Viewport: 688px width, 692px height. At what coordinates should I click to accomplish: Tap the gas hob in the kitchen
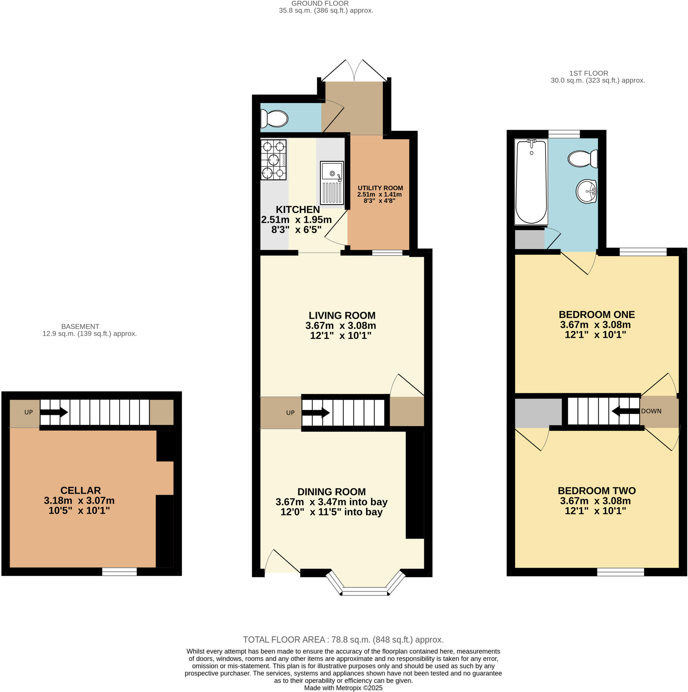pos(274,160)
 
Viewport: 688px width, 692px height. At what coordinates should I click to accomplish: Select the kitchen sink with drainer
pos(332,183)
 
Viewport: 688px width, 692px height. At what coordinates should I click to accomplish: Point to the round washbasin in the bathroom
pos(587,191)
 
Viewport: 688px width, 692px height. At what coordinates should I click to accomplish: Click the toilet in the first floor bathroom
pos(583,159)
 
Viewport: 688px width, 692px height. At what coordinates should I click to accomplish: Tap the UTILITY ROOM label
pos(380,188)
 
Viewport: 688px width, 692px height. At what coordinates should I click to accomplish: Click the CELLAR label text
pos(80,490)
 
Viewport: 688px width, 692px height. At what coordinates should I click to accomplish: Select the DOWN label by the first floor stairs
pos(651,411)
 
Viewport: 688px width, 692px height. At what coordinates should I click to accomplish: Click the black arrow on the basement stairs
pos(54,412)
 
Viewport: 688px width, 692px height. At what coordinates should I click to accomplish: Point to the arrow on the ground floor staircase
pos(316,413)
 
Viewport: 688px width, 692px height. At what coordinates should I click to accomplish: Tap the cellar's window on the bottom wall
pos(119,572)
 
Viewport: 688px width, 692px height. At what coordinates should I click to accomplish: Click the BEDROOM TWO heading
pos(597,491)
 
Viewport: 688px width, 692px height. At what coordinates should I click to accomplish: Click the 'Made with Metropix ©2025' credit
pos(343,688)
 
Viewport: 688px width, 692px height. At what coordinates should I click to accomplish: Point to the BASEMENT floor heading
pos(80,326)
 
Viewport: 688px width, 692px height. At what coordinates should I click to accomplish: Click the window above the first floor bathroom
pos(564,134)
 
